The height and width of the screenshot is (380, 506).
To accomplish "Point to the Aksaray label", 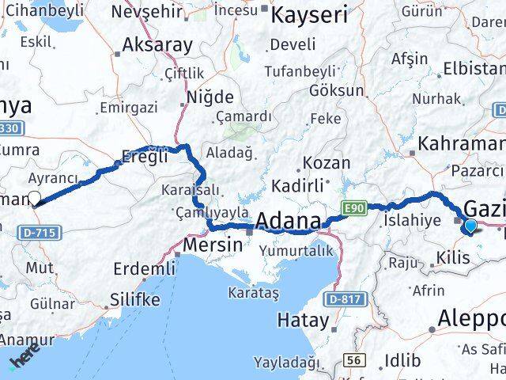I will point(157,44).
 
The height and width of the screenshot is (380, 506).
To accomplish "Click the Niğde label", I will point(210,97).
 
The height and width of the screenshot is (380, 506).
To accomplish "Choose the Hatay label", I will point(303,321).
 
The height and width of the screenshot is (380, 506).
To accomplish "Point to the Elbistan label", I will point(474,68).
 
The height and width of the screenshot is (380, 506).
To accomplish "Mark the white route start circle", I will point(33,199).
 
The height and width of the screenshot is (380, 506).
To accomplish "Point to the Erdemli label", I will point(144,269).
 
